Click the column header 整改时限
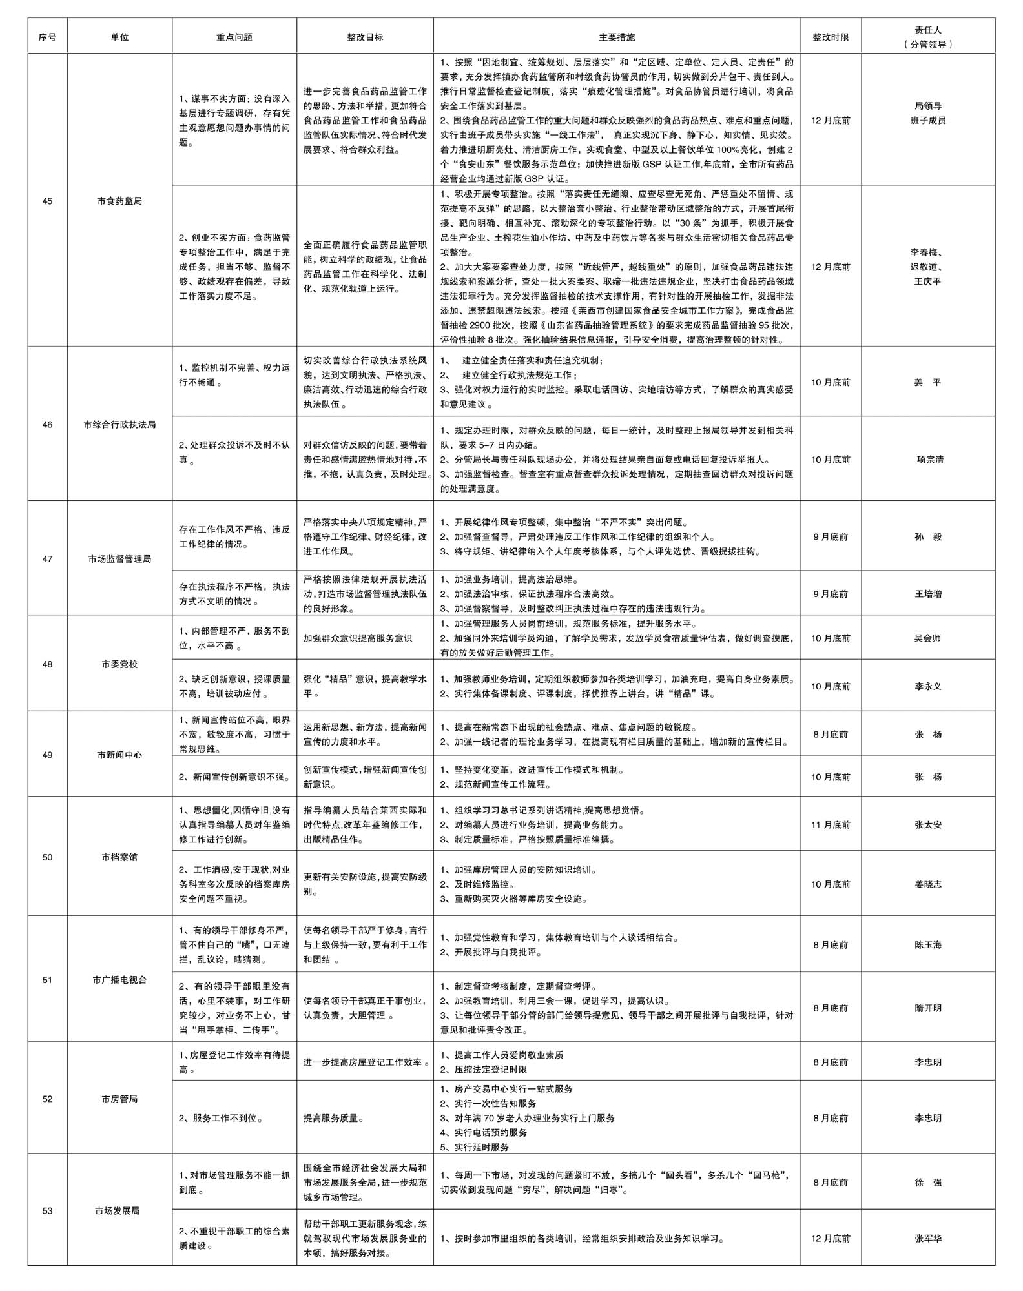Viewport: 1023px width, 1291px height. point(831,37)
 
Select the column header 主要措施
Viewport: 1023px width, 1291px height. point(617,37)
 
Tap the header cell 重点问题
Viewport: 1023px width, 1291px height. point(234,37)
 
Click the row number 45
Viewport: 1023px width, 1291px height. point(47,201)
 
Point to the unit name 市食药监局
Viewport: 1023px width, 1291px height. point(119,201)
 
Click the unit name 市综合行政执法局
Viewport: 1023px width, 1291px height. point(119,425)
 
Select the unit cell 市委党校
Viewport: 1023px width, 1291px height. point(119,664)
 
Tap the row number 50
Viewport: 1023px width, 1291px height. point(47,857)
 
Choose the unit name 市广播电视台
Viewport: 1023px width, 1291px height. point(119,980)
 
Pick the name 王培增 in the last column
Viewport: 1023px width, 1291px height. point(928,594)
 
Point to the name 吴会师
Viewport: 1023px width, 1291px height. point(928,638)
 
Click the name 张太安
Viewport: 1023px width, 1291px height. point(928,825)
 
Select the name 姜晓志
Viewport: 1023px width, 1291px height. point(928,884)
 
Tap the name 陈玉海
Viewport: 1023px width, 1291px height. point(928,945)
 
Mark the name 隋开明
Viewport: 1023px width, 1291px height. point(928,1008)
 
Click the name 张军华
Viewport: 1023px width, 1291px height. point(928,1239)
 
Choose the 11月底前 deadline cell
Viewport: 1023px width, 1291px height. point(831,825)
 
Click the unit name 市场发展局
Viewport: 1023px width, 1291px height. point(119,1211)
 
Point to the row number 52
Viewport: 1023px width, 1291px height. point(47,1099)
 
